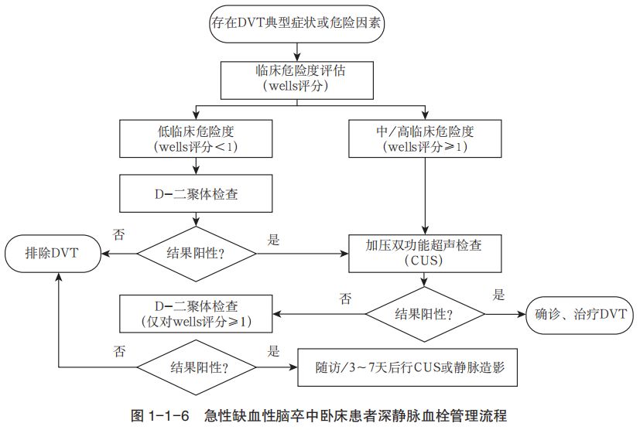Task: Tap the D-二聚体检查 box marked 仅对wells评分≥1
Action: (197, 312)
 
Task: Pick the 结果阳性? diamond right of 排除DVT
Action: (197, 251)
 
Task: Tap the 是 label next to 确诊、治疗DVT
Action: (499, 295)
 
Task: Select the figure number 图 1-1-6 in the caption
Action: (161, 415)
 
